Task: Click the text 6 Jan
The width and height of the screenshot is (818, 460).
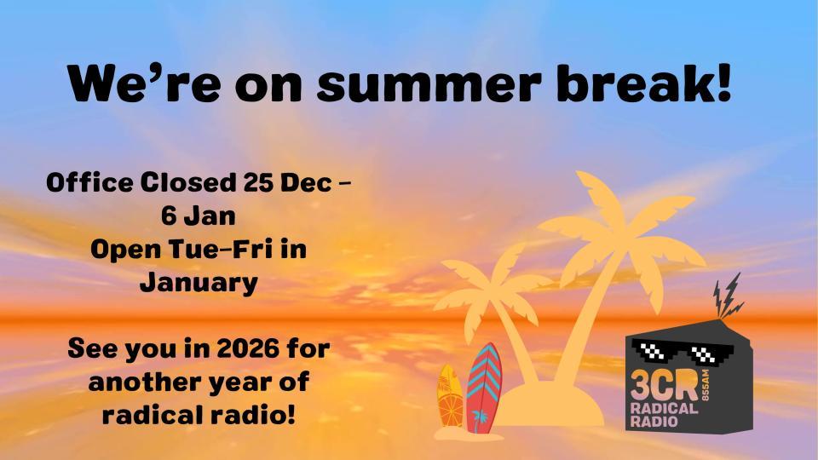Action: (x=198, y=216)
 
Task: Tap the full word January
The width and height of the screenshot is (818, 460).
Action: (x=198, y=282)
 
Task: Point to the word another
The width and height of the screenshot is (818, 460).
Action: (x=146, y=382)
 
